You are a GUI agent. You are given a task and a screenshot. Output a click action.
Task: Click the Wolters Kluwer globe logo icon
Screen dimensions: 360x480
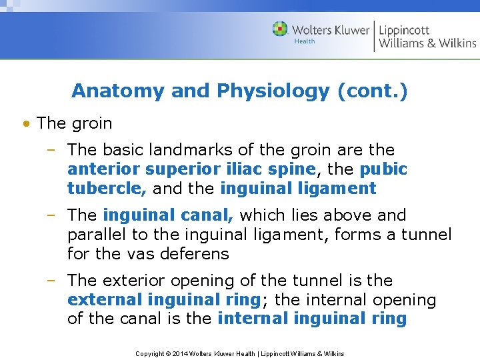click(x=280, y=29)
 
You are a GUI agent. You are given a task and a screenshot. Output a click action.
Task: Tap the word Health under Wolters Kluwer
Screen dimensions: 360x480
click(x=305, y=41)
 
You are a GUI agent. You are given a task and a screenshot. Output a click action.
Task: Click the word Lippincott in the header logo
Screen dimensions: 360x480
click(x=404, y=30)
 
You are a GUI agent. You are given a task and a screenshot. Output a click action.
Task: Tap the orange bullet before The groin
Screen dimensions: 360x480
click(x=25, y=124)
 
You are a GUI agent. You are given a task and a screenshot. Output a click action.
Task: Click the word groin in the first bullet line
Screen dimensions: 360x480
click(x=92, y=123)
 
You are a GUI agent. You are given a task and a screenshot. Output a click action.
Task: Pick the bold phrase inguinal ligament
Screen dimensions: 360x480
click(x=298, y=189)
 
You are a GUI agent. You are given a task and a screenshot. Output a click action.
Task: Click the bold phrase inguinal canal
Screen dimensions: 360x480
click(x=168, y=215)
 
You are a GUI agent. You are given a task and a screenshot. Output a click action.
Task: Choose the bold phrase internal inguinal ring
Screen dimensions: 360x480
click(x=312, y=319)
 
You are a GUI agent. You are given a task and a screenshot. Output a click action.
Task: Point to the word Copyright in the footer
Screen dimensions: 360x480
click(x=151, y=353)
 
